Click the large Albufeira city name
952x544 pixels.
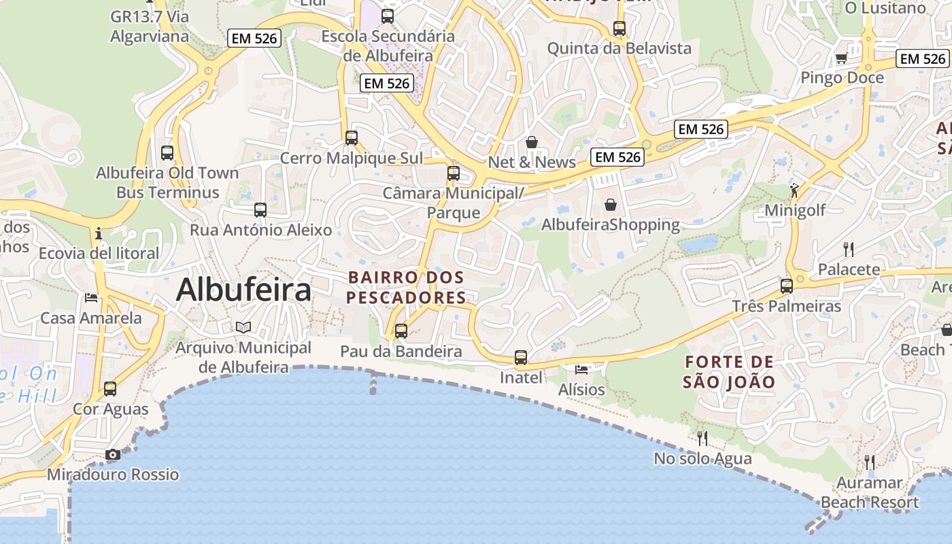243,290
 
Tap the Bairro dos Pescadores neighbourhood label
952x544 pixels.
406,288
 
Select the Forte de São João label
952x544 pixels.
729,372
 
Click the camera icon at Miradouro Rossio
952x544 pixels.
113,454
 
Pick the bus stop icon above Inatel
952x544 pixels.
521,357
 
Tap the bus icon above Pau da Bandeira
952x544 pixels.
401,331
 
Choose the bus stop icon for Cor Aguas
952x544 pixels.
110,389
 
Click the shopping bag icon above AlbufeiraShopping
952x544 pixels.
611,204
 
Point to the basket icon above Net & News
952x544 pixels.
532,142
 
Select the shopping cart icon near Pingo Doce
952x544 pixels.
841,58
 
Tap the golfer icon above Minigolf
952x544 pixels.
794,189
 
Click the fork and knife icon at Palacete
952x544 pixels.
848,249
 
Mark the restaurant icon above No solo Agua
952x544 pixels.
702,438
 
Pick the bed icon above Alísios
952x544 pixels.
581,369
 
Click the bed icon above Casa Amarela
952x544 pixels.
90,298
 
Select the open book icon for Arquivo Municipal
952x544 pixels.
243,327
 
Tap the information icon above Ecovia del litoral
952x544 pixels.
99,233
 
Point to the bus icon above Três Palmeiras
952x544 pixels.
787,286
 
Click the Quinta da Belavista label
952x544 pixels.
619,48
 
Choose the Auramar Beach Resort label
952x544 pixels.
870,493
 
